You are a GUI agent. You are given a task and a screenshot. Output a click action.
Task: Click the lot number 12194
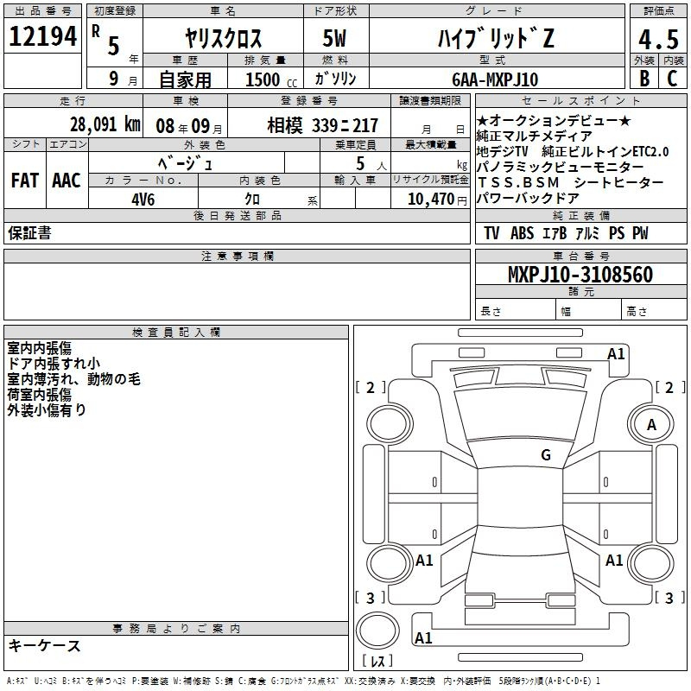[42, 36]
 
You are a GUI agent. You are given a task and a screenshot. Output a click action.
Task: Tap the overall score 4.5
[658, 40]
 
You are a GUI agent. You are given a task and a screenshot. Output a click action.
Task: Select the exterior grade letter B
[644, 79]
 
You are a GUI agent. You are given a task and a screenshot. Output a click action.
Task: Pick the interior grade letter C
[672, 79]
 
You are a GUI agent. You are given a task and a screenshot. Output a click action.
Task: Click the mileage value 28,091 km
[105, 124]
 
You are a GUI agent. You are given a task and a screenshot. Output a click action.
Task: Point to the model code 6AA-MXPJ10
[495, 79]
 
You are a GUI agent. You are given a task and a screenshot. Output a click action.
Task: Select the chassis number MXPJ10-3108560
[580, 275]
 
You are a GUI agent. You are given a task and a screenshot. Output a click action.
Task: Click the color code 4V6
[143, 200]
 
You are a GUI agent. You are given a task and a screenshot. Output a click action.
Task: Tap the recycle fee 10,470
[431, 200]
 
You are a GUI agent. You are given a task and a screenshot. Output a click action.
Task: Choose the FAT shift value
[25, 181]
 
